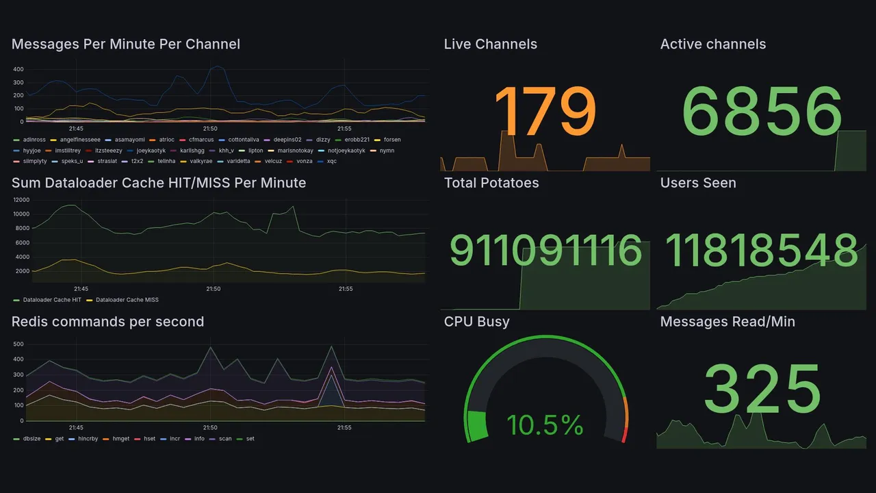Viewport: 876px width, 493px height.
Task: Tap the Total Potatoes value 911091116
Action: point(545,251)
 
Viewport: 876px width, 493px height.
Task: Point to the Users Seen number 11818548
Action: point(762,251)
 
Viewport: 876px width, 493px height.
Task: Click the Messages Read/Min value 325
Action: point(762,389)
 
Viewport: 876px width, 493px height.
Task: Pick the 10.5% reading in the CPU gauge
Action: point(545,425)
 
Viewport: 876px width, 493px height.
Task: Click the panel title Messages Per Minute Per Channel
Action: point(126,45)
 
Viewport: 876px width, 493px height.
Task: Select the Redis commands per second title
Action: point(107,322)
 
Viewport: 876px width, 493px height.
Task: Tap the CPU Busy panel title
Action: point(476,322)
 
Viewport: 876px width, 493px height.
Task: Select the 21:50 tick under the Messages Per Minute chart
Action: point(210,129)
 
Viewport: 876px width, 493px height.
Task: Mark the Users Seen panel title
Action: point(698,183)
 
